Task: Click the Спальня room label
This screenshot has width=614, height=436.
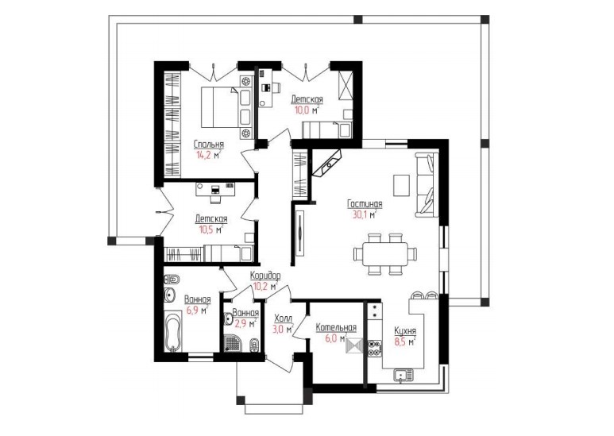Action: [x=209, y=145]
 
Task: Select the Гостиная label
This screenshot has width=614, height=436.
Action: [x=365, y=204]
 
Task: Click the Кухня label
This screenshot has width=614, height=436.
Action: [x=405, y=331]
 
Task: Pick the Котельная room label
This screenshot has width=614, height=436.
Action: [x=336, y=327]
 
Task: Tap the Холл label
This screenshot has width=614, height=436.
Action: [x=283, y=318]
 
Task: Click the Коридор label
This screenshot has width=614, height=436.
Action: [x=265, y=276]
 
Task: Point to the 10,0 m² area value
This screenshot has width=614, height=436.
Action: [x=307, y=110]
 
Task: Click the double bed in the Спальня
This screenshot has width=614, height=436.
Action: [x=222, y=107]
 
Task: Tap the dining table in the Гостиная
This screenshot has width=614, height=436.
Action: [x=385, y=253]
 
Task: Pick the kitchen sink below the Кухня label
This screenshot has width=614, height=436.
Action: [x=403, y=375]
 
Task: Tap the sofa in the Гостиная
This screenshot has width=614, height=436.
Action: [x=426, y=184]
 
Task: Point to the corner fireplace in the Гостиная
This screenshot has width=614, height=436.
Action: [x=327, y=164]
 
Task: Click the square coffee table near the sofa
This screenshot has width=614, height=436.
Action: [x=401, y=185]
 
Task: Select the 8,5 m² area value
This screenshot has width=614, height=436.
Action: [x=405, y=341]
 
